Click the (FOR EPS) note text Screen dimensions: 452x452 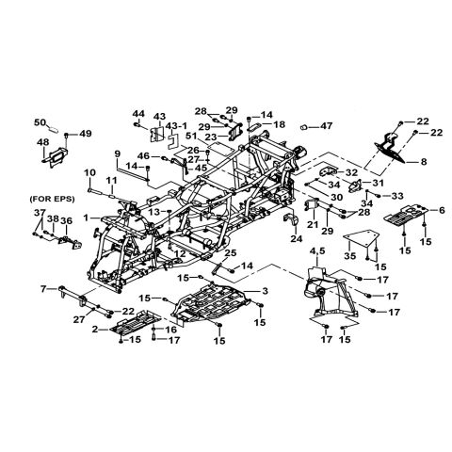[52, 199]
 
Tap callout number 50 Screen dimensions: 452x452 [40, 122]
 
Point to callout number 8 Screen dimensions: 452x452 [424, 162]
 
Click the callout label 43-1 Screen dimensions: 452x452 [176, 126]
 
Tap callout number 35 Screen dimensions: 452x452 [349, 256]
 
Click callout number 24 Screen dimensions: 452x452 [296, 239]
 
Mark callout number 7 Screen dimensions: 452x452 [43, 288]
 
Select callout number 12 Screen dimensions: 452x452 [180, 253]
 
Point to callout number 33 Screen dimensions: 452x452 [398, 196]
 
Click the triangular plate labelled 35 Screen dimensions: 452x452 [359, 239]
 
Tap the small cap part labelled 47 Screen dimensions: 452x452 [305, 127]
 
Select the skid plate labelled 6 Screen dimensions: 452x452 [406, 216]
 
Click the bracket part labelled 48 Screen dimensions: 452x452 [56, 156]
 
